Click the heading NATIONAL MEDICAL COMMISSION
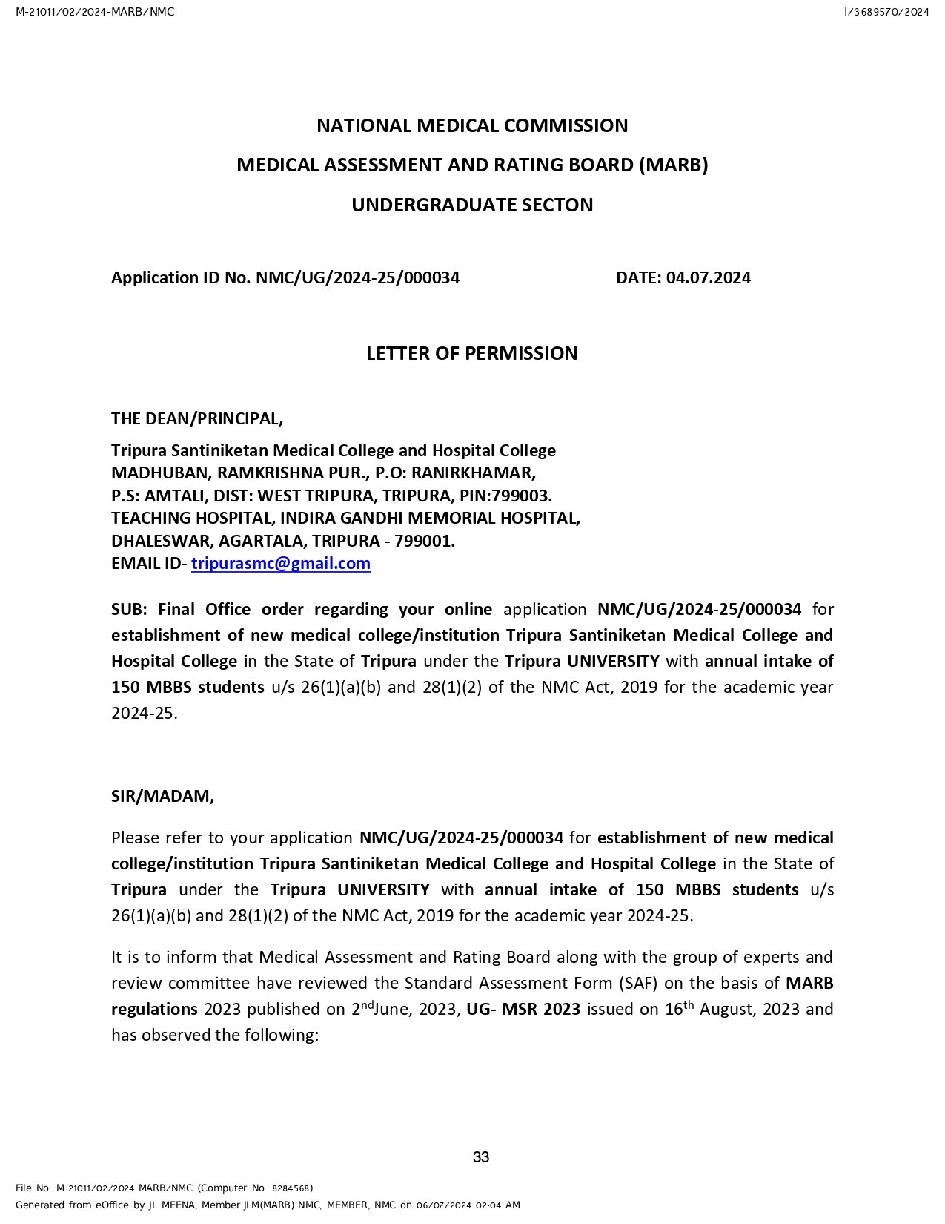[x=472, y=125]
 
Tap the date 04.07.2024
[x=708, y=277]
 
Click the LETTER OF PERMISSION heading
[x=471, y=353]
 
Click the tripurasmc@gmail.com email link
[x=281, y=563]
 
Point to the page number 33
[x=481, y=1157]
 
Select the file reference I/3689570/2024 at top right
[x=886, y=12]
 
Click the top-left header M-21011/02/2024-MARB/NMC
[x=95, y=12]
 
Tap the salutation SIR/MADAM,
[x=162, y=796]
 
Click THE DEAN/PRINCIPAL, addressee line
[x=197, y=418]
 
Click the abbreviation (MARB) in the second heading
[x=673, y=165]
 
